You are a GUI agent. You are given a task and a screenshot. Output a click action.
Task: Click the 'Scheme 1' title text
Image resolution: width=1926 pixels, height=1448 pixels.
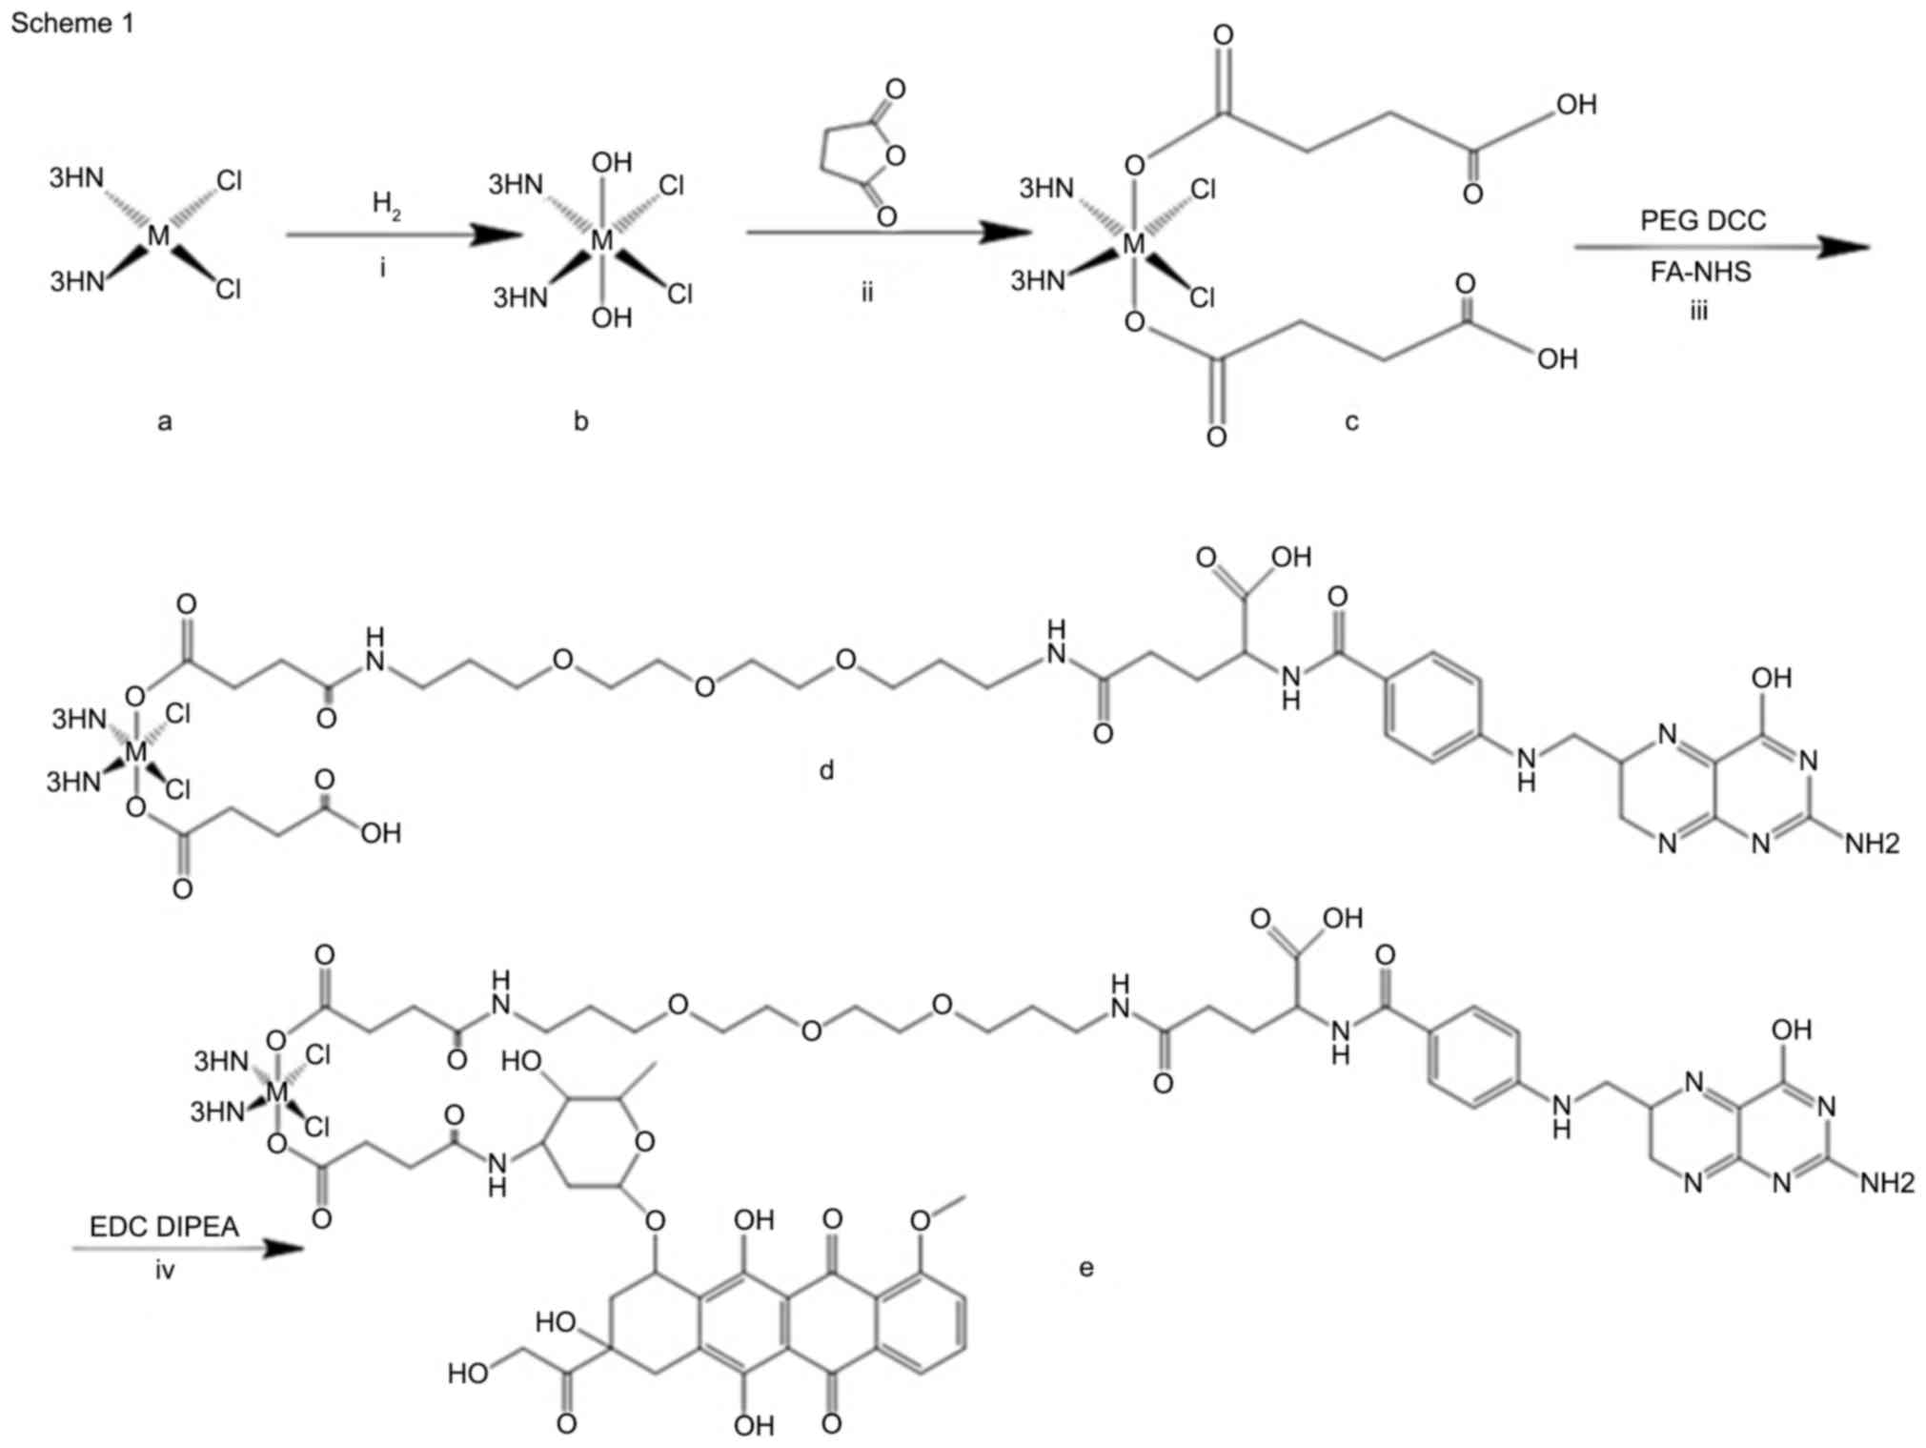72,23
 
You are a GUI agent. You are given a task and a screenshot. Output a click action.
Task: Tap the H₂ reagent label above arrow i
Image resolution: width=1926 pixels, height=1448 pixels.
386,204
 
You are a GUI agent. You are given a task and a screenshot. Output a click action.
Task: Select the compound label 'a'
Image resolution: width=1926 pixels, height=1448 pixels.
165,420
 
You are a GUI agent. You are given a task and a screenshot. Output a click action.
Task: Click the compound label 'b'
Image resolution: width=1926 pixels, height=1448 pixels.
581,420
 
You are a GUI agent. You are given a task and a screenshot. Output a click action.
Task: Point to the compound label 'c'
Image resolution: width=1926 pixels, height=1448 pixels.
1351,420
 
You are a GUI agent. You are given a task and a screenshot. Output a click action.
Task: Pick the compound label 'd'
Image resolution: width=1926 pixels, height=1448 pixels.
826,769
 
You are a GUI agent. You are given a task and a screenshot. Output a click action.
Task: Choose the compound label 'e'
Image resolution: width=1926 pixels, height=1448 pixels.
1085,1267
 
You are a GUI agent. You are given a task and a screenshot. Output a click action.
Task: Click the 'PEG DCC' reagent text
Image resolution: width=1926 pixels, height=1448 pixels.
1702,220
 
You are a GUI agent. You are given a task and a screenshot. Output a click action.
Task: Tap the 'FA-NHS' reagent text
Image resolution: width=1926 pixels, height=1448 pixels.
1700,273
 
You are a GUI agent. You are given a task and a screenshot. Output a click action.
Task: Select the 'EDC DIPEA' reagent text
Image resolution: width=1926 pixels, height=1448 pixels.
164,1226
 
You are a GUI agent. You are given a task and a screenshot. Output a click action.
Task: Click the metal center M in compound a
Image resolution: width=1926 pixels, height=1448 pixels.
159,235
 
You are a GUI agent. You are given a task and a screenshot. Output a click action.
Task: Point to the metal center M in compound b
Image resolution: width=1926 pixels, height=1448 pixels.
602,240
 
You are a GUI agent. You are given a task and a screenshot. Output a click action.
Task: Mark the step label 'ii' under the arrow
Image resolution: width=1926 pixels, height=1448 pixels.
866,292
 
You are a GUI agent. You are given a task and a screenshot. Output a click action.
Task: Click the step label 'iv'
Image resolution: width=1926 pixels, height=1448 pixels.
165,1270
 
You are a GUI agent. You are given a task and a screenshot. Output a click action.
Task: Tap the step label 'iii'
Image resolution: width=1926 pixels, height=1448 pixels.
1698,311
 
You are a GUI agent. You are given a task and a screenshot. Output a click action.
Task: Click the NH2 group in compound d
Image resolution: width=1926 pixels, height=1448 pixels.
1872,843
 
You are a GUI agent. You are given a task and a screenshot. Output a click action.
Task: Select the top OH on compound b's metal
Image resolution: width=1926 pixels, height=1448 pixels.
611,163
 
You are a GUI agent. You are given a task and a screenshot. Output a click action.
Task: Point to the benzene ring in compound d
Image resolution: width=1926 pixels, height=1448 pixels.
1432,706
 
